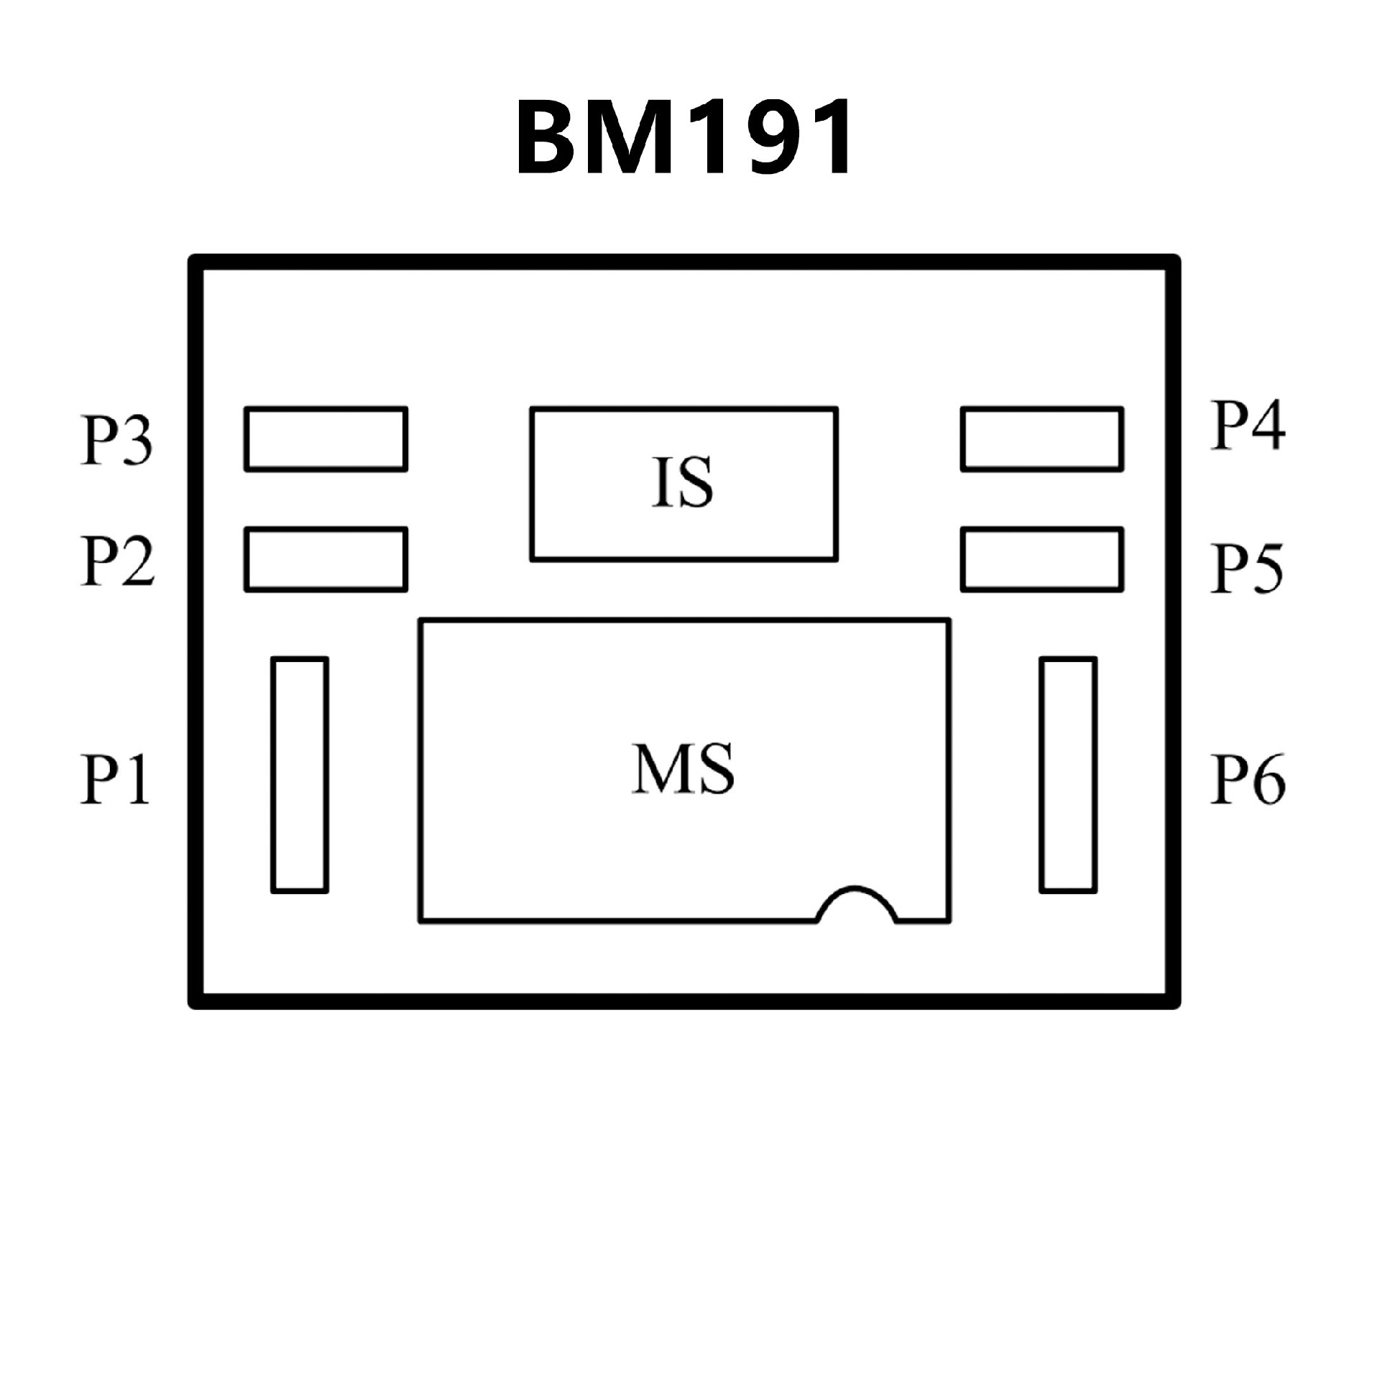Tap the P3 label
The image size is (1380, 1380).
point(116,440)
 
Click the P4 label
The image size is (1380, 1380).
point(1248,425)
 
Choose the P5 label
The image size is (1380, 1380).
point(1246,568)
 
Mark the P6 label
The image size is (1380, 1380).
point(1248,780)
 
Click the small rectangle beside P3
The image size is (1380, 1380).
point(326,439)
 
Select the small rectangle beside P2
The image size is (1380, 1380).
point(326,560)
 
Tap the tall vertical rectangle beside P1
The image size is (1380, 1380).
point(300,775)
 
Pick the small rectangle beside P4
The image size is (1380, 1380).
point(1042,439)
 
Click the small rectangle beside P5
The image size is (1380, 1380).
point(1042,560)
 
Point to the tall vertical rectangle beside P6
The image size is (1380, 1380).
point(1068,775)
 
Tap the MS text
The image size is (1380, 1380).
point(683,769)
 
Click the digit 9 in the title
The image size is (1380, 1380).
point(750,137)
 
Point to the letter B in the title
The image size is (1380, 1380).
point(548,137)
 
